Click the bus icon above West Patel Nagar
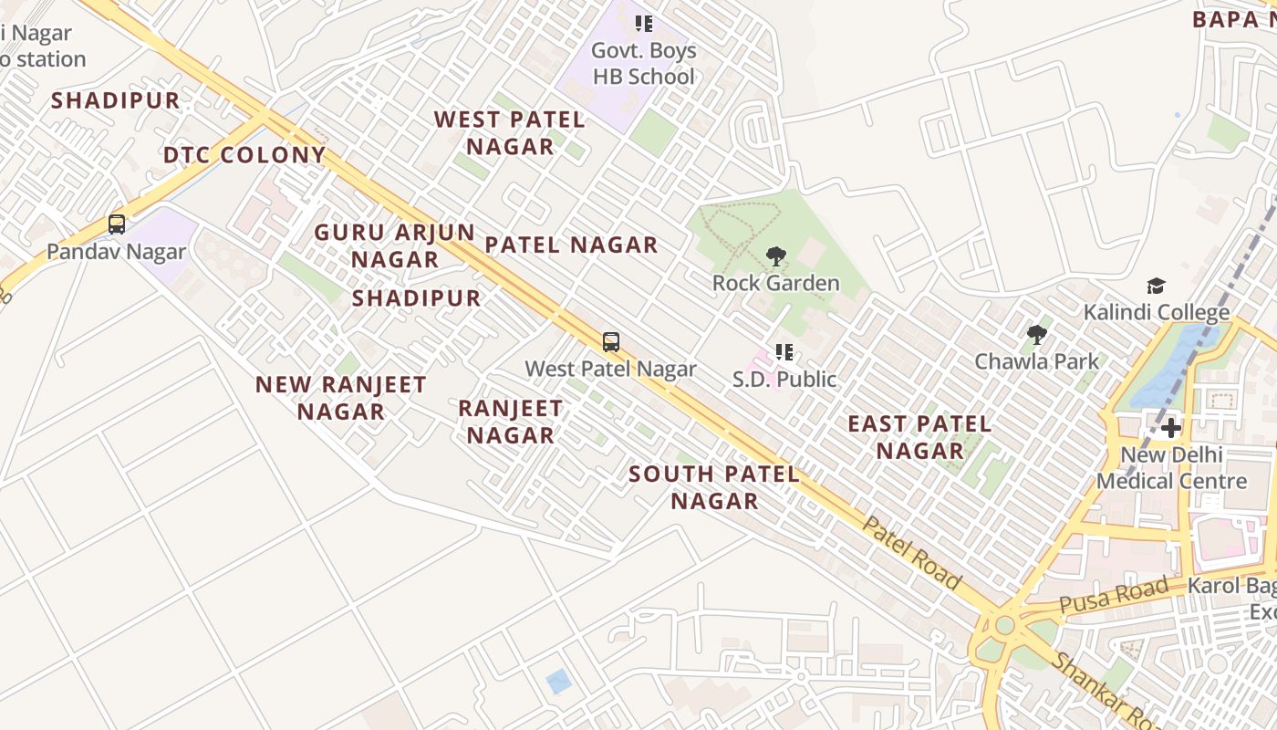(x=611, y=342)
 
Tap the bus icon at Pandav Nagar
(x=117, y=224)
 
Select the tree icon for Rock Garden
(x=775, y=256)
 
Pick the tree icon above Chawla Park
(x=1036, y=335)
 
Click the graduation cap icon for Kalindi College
(x=1156, y=287)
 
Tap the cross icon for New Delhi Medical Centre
(x=1171, y=428)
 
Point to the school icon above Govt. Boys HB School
(x=644, y=24)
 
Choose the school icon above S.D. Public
(x=784, y=351)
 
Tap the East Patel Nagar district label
(x=919, y=437)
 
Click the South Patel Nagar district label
(x=714, y=487)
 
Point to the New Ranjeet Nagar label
(x=340, y=398)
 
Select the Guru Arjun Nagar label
(x=395, y=245)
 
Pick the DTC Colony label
(x=244, y=155)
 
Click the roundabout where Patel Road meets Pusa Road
(x=1004, y=626)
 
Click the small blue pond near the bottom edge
(x=558, y=681)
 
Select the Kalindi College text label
(x=1156, y=313)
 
